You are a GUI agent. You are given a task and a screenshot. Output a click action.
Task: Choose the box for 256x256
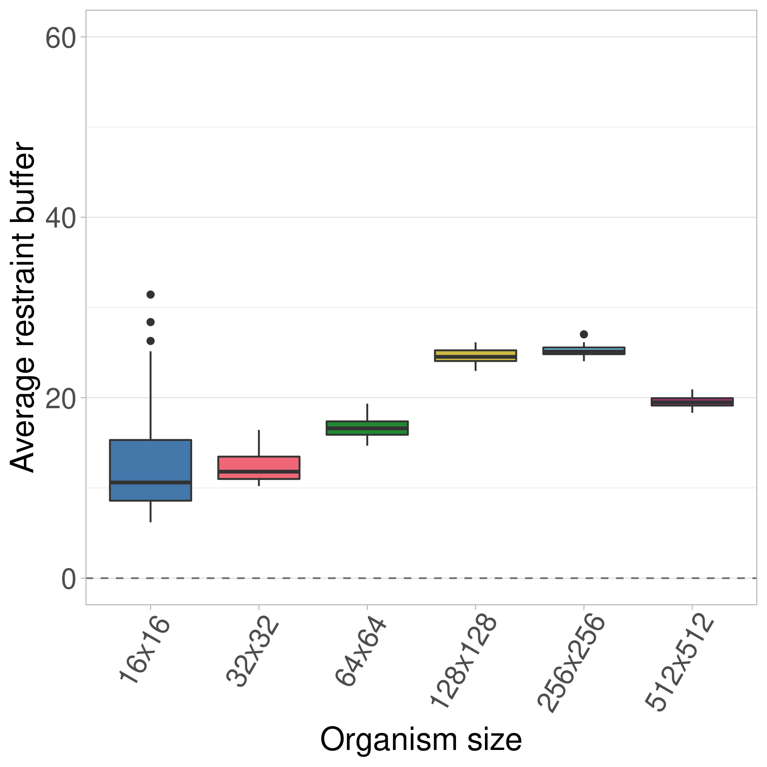click(583, 351)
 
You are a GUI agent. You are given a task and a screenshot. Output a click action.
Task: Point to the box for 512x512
click(692, 402)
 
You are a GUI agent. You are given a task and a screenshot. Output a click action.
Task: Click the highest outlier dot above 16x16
click(150, 294)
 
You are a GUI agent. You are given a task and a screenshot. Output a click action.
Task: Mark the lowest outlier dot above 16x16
click(150, 341)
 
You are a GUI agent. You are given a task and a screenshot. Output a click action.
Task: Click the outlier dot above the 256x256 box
click(584, 334)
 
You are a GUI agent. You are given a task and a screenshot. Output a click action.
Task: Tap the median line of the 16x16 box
click(150, 482)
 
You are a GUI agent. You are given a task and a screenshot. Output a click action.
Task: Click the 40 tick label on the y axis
click(61, 218)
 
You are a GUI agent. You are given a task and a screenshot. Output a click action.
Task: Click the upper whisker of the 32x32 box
click(259, 443)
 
